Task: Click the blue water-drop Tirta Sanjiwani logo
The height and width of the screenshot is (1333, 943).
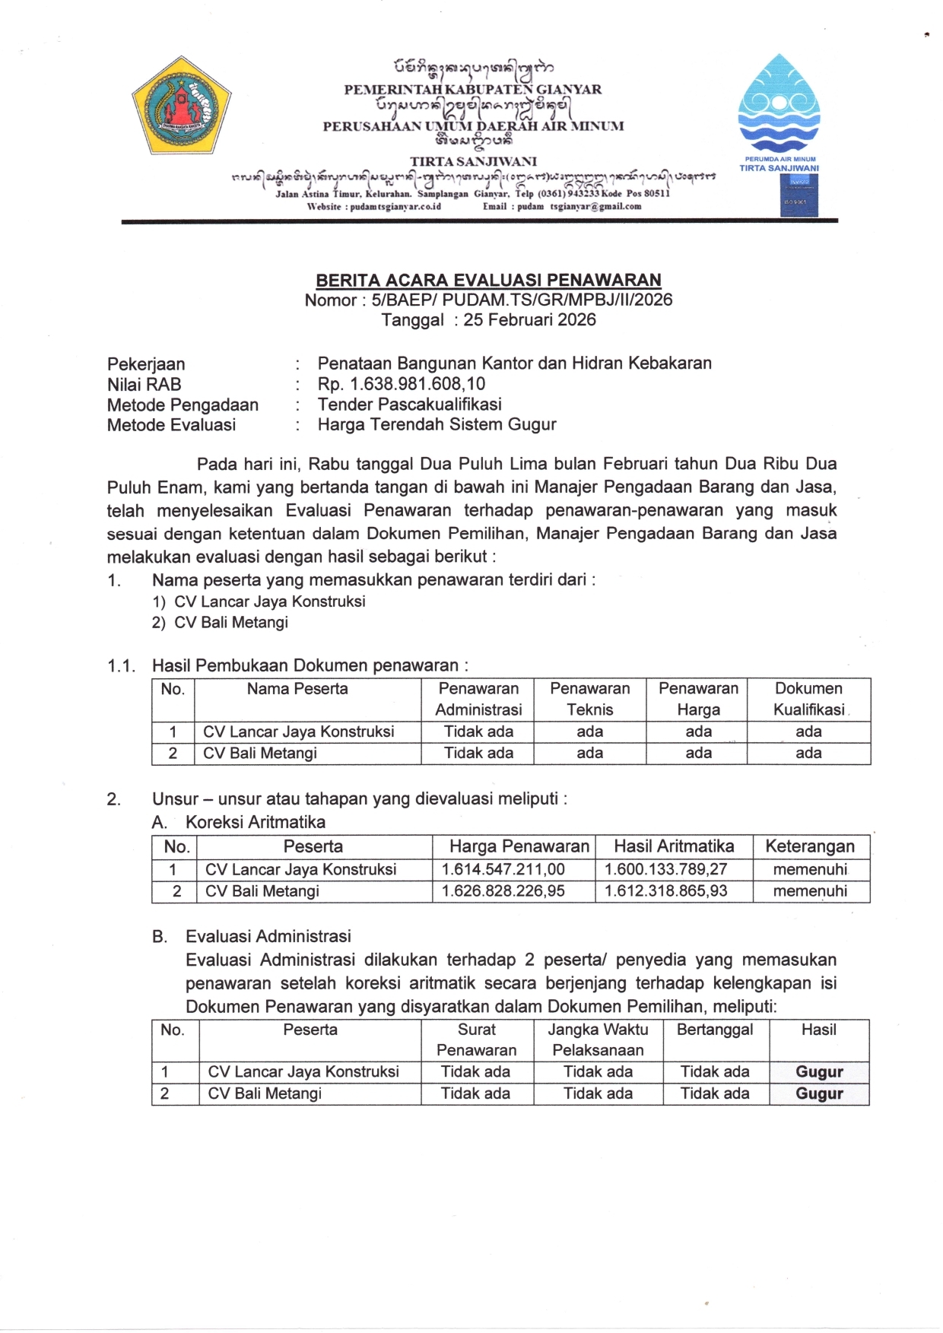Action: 778,104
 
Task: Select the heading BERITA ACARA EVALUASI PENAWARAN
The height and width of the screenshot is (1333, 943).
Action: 488,280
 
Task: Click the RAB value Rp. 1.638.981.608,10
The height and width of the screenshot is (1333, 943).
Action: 402,384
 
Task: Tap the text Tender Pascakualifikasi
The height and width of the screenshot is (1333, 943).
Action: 409,405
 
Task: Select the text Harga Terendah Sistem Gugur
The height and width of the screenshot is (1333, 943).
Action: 437,424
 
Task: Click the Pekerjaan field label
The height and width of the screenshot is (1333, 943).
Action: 146,364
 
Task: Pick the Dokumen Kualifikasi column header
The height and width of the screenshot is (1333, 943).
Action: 808,699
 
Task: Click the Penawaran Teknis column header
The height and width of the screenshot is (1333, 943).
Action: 589,699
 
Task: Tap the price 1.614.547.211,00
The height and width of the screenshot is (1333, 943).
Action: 503,869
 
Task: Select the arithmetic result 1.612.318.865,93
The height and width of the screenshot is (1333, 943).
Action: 665,890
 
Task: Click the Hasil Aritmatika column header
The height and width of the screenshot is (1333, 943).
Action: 674,846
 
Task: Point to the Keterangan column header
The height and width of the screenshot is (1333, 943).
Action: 809,846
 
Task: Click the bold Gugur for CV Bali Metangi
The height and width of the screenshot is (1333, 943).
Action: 819,1093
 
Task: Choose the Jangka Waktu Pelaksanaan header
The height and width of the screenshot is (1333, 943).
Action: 598,1039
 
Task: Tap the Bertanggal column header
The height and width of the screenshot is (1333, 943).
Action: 715,1030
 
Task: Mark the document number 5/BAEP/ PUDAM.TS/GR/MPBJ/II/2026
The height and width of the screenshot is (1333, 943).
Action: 522,300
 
